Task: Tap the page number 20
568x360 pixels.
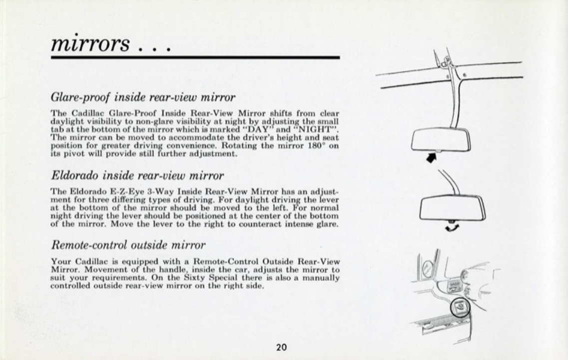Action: pyautogui.click(x=281, y=348)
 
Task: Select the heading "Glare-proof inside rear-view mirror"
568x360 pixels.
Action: pyautogui.click(x=143, y=96)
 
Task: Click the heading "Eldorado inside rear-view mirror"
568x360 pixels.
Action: pyautogui.click(x=137, y=175)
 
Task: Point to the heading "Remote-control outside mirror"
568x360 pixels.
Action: pyautogui.click(x=128, y=245)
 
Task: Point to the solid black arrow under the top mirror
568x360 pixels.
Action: pyautogui.click(x=431, y=157)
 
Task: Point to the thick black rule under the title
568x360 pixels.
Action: pyautogui.click(x=195, y=57)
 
